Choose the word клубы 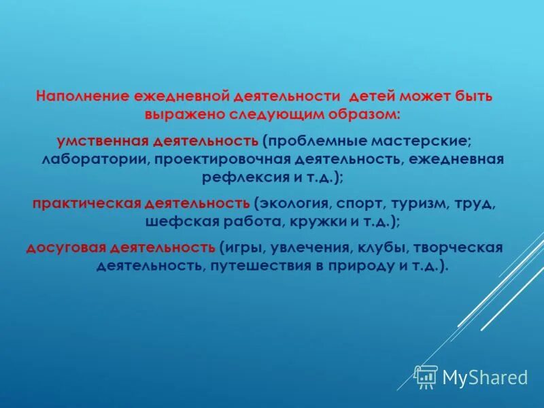(x=382, y=248)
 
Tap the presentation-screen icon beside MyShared (x=426, y=377)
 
